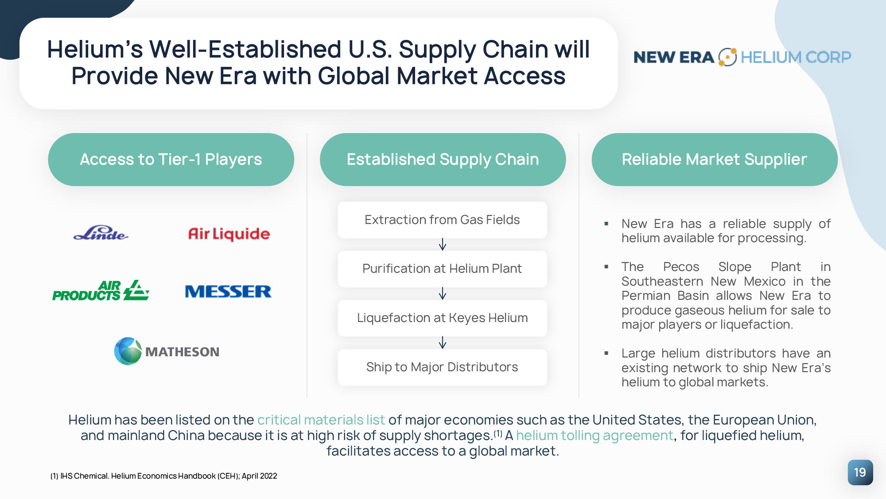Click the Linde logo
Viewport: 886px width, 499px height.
101,233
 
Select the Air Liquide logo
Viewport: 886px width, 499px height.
229,234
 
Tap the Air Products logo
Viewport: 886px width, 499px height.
101,291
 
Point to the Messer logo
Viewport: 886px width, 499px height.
228,291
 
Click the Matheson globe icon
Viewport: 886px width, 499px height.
128,351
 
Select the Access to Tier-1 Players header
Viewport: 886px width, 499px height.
171,159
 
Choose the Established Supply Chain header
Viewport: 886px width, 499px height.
443,159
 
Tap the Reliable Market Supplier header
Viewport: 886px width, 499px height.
715,159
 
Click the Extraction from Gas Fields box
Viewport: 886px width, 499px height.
442,220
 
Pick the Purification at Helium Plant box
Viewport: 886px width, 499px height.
442,269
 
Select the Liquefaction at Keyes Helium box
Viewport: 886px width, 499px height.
442,318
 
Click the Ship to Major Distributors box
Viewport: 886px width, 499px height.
442,367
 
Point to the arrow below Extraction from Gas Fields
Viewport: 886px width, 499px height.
443,244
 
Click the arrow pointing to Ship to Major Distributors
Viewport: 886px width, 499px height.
443,342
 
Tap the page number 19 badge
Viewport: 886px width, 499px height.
860,472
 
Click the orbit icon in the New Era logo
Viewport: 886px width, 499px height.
727,57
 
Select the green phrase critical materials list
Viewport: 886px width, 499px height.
321,420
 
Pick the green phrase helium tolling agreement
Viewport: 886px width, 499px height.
595,436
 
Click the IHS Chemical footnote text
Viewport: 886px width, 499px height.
163,476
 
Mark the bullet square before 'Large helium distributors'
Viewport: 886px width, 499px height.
606,354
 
